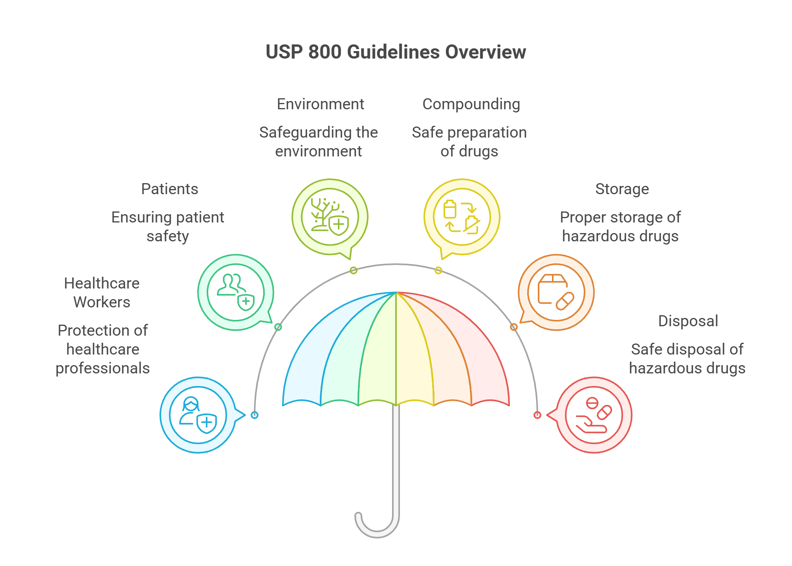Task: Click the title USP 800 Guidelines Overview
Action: coord(396,52)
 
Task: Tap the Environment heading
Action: coord(320,104)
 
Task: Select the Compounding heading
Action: coord(471,104)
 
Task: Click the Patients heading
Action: coord(169,189)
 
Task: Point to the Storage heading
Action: coord(622,189)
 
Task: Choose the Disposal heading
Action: coord(688,321)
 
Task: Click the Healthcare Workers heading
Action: coord(102,292)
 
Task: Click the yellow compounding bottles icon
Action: coord(462,217)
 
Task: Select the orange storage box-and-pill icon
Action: coord(556,292)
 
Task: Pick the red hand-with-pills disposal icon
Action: coord(594,415)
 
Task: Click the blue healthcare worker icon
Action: coord(198,415)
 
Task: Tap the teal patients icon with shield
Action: coord(236,292)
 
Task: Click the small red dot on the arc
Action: coord(537,415)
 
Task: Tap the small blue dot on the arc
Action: coord(255,415)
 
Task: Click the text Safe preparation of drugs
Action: coord(469,142)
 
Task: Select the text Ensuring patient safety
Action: coord(168,227)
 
